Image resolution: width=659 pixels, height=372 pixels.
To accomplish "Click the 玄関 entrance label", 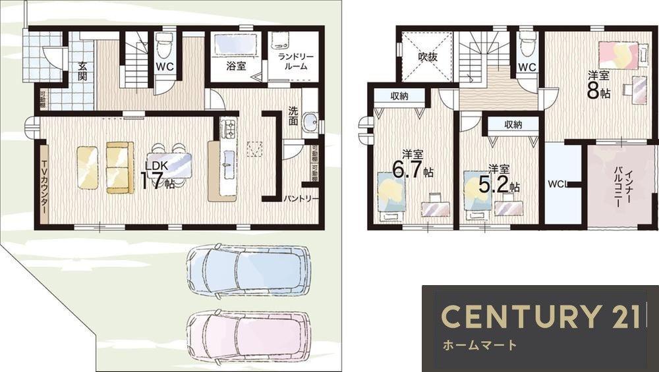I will (x=82, y=71).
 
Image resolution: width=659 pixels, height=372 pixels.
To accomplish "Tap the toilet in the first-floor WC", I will (x=164, y=47).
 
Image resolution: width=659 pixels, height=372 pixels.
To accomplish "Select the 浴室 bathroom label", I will (x=236, y=66).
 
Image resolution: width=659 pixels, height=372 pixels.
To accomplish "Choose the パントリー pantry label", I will (x=301, y=198).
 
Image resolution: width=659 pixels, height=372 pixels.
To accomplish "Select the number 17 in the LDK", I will (x=151, y=181).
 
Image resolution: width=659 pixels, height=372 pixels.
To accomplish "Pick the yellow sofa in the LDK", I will (x=120, y=167).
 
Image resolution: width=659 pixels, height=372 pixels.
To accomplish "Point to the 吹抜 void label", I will (x=428, y=57).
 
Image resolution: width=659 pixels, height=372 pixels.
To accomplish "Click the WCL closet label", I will (x=557, y=184).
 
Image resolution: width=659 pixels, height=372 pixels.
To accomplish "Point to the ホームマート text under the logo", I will (x=479, y=345).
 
